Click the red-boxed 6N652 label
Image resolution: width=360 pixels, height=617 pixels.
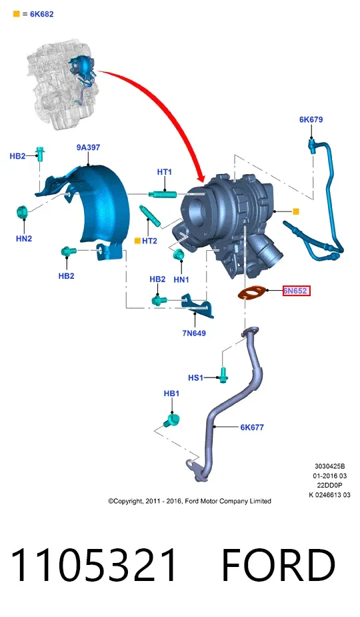pyautogui.click(x=297, y=291)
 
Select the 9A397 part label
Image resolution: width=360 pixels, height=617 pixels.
pyautogui.click(x=88, y=147)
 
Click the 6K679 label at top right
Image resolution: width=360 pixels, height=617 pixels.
pyautogui.click(x=311, y=119)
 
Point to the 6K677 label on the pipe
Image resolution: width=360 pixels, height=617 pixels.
pyautogui.click(x=252, y=427)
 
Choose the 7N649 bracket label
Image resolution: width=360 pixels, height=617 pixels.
pyautogui.click(x=194, y=334)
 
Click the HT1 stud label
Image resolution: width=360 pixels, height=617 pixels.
pyautogui.click(x=165, y=172)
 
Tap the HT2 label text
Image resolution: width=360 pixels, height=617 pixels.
pyautogui.click(x=149, y=241)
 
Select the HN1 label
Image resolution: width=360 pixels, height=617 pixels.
pyautogui.click(x=181, y=279)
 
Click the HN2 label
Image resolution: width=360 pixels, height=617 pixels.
pyautogui.click(x=24, y=238)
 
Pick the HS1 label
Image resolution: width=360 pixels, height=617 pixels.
pyautogui.click(x=195, y=378)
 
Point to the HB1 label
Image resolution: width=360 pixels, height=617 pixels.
pyautogui.click(x=171, y=394)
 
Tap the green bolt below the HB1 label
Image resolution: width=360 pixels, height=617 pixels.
pyautogui.click(x=171, y=420)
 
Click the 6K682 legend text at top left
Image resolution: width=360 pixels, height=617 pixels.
pyautogui.click(x=42, y=14)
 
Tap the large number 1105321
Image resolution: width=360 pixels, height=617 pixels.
pyautogui.click(x=94, y=565)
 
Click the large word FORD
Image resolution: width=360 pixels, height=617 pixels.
pyautogui.click(x=279, y=565)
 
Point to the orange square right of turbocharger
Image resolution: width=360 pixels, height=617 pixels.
pyautogui.click(x=296, y=211)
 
